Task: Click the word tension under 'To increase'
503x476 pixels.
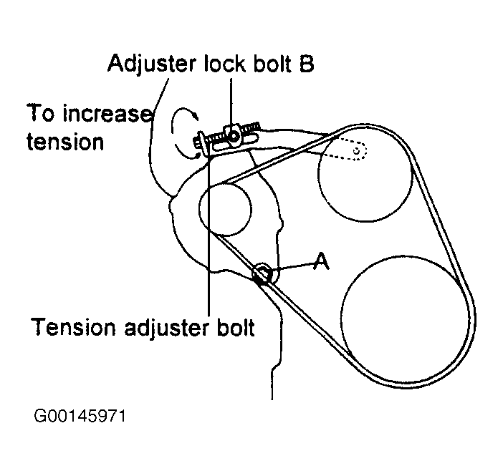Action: pos(65,141)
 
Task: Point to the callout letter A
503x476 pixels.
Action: pos(322,263)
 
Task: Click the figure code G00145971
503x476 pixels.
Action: pos(78,416)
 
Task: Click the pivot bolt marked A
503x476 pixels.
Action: pos(263,272)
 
